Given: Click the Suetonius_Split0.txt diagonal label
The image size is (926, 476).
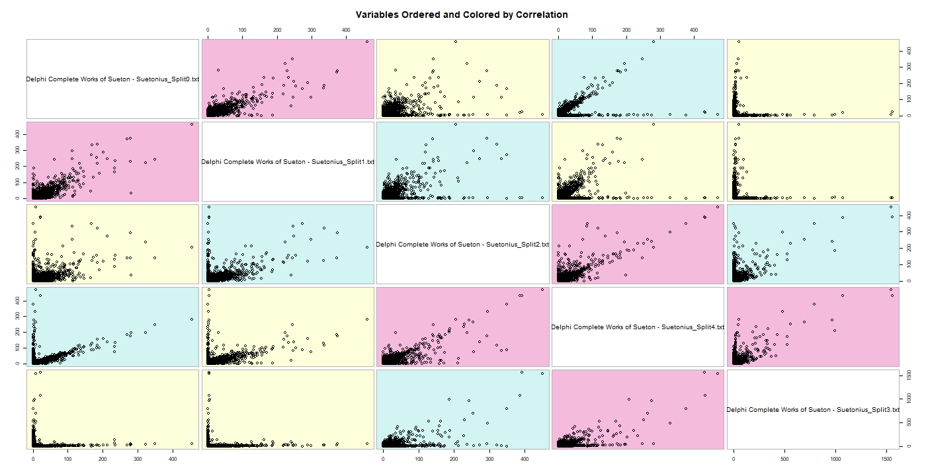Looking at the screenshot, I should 112,79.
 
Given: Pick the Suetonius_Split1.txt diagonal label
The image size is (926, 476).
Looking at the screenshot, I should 288,161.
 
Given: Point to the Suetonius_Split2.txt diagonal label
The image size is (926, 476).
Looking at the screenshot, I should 462,244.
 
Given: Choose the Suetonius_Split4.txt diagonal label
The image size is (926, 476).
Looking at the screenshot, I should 638,327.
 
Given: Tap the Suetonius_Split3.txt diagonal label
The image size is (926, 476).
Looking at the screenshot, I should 813,409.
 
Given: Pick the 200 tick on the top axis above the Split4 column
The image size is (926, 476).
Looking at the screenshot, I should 626,30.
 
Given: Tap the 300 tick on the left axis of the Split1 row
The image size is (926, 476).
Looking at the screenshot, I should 19,149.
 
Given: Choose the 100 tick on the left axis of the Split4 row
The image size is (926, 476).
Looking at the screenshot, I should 19,347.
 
